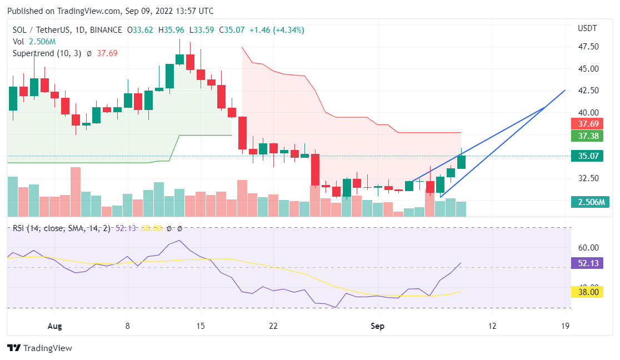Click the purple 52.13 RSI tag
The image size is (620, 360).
pyautogui.click(x=588, y=263)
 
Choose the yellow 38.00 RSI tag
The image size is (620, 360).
pyautogui.click(x=588, y=292)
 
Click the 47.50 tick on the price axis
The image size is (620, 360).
pyautogui.click(x=588, y=47)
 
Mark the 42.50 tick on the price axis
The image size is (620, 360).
pyautogui.click(x=588, y=91)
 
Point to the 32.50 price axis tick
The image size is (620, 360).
pyautogui.click(x=588, y=178)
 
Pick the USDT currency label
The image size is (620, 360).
pyautogui.click(x=587, y=28)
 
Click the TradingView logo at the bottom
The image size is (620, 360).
pyautogui.click(x=40, y=348)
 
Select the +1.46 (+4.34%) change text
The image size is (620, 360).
pyautogui.click(x=276, y=30)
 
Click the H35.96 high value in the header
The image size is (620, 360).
pyautogui.click(x=173, y=30)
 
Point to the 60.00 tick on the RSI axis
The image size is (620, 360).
pyautogui.click(x=588, y=248)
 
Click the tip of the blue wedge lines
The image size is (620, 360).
pyautogui.click(x=564, y=90)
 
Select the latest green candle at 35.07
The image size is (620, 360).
pyautogui.click(x=461, y=162)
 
